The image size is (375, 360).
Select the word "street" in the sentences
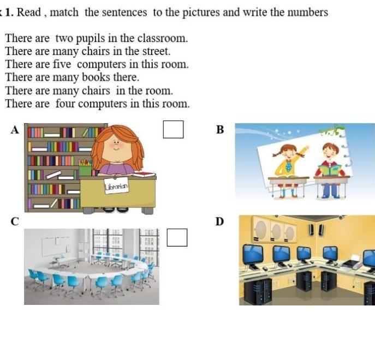point(157,51)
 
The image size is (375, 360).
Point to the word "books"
point(96,77)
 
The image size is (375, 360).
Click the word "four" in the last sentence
point(65,104)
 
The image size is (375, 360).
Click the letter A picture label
point(15,130)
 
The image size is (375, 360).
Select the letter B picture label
point(220,130)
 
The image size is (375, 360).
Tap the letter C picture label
point(15,221)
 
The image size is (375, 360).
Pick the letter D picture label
point(220,221)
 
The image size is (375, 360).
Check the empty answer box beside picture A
point(174,129)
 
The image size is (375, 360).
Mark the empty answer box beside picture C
point(177,237)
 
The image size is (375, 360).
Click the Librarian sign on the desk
point(116,185)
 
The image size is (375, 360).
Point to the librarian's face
point(116,149)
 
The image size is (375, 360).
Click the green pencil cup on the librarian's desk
point(85,169)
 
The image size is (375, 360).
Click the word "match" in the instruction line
point(64,13)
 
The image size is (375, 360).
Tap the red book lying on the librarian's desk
point(144,175)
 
